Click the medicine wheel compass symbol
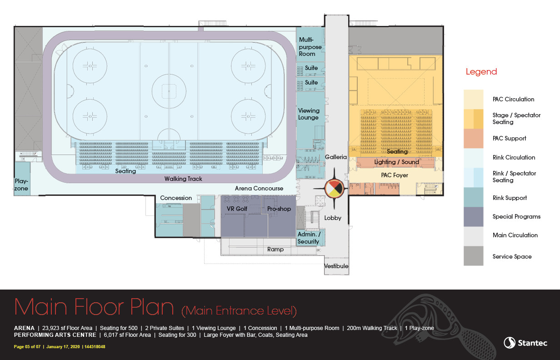(x=334, y=188)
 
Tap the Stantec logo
(x=525, y=343)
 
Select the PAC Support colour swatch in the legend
(x=473, y=139)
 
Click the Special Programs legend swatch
(x=473, y=217)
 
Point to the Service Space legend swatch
(x=473, y=256)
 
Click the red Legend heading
(x=481, y=72)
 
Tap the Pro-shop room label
(x=279, y=209)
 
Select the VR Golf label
(x=237, y=209)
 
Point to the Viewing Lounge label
(x=309, y=114)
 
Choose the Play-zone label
(x=21, y=185)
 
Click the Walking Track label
(x=183, y=179)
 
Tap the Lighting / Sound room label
(x=396, y=162)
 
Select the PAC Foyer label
(x=395, y=175)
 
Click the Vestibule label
(x=336, y=266)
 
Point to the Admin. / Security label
(x=309, y=238)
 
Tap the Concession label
(x=176, y=198)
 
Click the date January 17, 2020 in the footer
(x=63, y=347)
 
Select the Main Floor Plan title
(x=94, y=307)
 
